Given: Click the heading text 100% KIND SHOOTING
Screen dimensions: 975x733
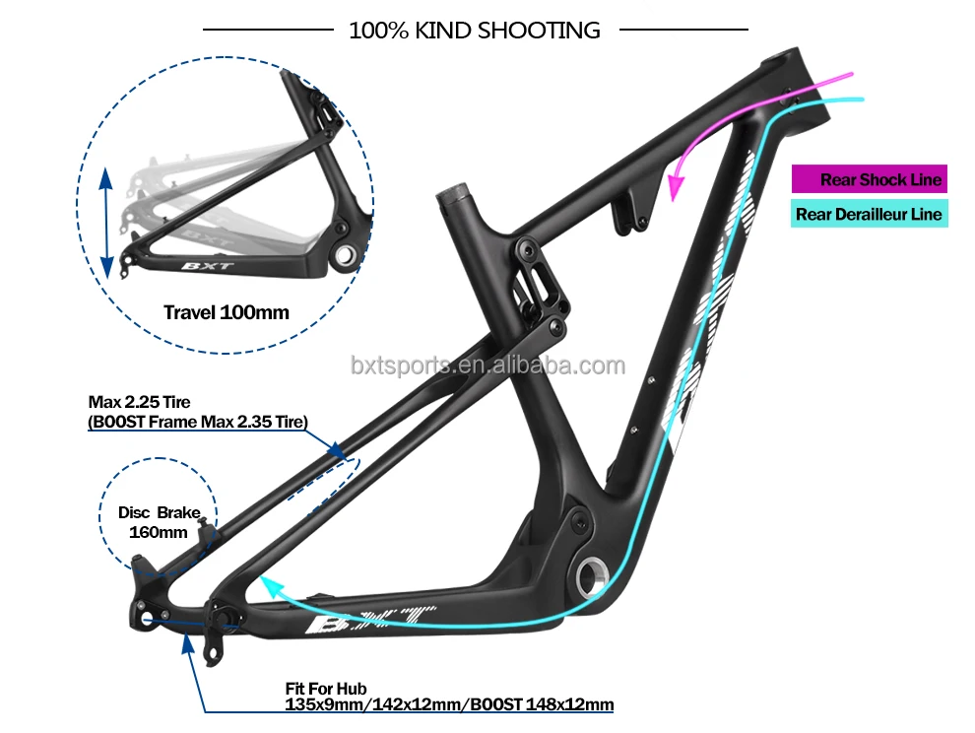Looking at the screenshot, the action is pos(474,31).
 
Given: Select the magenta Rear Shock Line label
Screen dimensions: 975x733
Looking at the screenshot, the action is pos(880,179).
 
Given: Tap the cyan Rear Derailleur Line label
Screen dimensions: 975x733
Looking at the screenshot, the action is pos(869,214).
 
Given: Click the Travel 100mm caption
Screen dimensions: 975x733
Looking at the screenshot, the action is pos(226,313).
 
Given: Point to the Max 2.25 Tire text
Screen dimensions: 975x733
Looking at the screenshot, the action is pos(139,402).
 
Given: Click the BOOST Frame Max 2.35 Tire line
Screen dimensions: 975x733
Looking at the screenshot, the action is pos(198,422).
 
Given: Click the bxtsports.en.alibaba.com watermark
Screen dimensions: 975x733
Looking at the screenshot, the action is pos(487,366).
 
